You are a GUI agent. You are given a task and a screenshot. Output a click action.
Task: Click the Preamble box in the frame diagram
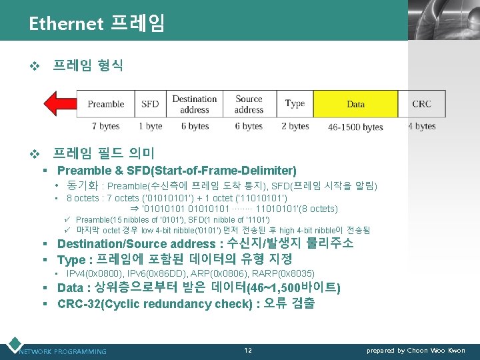(x=106, y=104)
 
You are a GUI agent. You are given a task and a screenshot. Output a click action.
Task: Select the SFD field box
(x=150, y=104)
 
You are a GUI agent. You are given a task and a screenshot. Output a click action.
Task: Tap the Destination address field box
(x=195, y=104)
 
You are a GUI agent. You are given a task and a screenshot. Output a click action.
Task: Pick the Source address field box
(x=249, y=104)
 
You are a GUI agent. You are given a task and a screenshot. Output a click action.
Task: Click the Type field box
(x=295, y=104)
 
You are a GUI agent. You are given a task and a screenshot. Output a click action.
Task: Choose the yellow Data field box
(x=356, y=104)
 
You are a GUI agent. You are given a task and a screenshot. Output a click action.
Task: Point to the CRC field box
(x=421, y=104)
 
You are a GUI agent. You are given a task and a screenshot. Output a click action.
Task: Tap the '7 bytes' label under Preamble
(x=105, y=126)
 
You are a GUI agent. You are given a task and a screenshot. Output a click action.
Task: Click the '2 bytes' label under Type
(x=295, y=126)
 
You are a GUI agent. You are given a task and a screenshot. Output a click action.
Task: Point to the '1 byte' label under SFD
(x=150, y=126)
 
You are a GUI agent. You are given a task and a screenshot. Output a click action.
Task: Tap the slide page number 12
(x=248, y=350)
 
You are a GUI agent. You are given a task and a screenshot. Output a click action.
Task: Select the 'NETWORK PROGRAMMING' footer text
(x=63, y=351)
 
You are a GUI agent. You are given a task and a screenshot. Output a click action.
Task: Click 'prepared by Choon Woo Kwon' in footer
(x=416, y=350)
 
